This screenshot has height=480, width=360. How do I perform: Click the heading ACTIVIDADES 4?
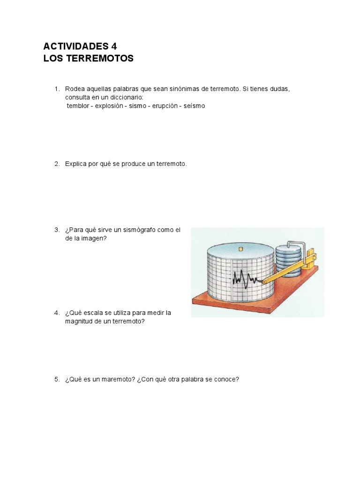point(80,46)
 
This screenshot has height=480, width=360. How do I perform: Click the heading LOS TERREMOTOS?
point(89,59)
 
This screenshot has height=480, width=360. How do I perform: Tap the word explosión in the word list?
point(109,106)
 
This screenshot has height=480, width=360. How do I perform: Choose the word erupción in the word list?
point(164,106)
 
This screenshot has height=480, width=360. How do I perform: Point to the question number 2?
point(57,164)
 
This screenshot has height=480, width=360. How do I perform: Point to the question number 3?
point(57,230)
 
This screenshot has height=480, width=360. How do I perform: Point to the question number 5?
point(57,379)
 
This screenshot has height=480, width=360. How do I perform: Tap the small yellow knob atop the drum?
point(240,249)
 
